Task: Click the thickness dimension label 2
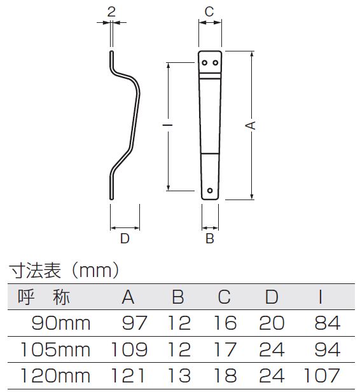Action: pos(111,11)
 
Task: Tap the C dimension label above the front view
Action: pos(209,11)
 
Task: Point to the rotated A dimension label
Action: pos(251,125)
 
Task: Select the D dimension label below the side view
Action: pos(125,238)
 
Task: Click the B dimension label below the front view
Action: pos(210,238)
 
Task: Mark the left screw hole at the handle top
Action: pos(205,62)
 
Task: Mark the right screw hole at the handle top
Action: pos(215,62)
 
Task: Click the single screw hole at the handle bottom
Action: pos(210,191)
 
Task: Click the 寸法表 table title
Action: pos(35,270)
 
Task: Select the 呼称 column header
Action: pos(43,297)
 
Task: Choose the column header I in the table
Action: pos(321,297)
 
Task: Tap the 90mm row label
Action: pos(61,323)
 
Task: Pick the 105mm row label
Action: pos(55,349)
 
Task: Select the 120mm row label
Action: pos(55,375)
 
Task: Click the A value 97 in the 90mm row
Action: pos(134,323)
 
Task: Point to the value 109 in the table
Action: pos(129,349)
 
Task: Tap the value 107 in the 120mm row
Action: pos(322,375)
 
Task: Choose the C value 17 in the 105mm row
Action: pos(225,349)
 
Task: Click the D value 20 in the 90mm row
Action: pos(272,323)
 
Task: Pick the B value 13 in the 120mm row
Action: pos(179,375)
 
